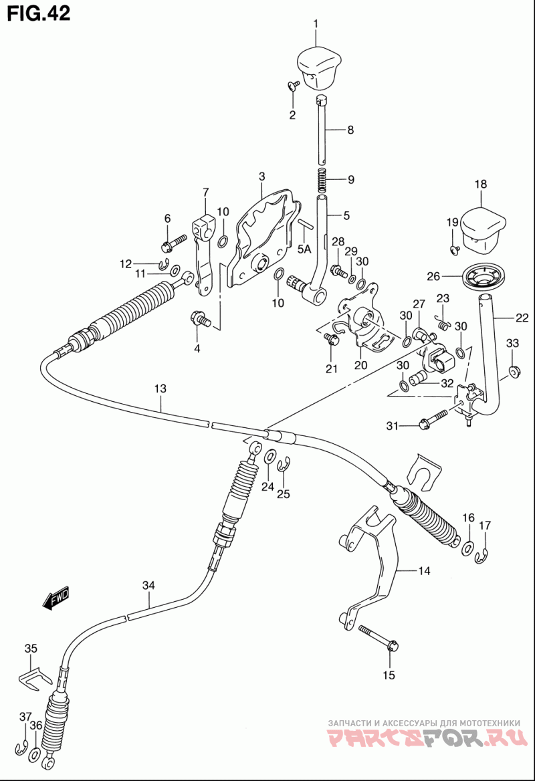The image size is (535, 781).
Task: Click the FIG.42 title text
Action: [x=39, y=13]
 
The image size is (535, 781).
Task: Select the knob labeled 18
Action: [x=482, y=227]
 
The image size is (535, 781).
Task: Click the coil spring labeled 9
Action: [x=322, y=181]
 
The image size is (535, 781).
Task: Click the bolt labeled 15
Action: [x=377, y=637]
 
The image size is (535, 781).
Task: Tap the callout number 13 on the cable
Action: [x=160, y=388]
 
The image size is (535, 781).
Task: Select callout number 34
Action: [x=148, y=585]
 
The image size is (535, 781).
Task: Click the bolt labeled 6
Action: [x=173, y=242]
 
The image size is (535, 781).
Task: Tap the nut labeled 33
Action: [x=513, y=371]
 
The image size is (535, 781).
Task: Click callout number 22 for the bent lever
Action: [x=522, y=317]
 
